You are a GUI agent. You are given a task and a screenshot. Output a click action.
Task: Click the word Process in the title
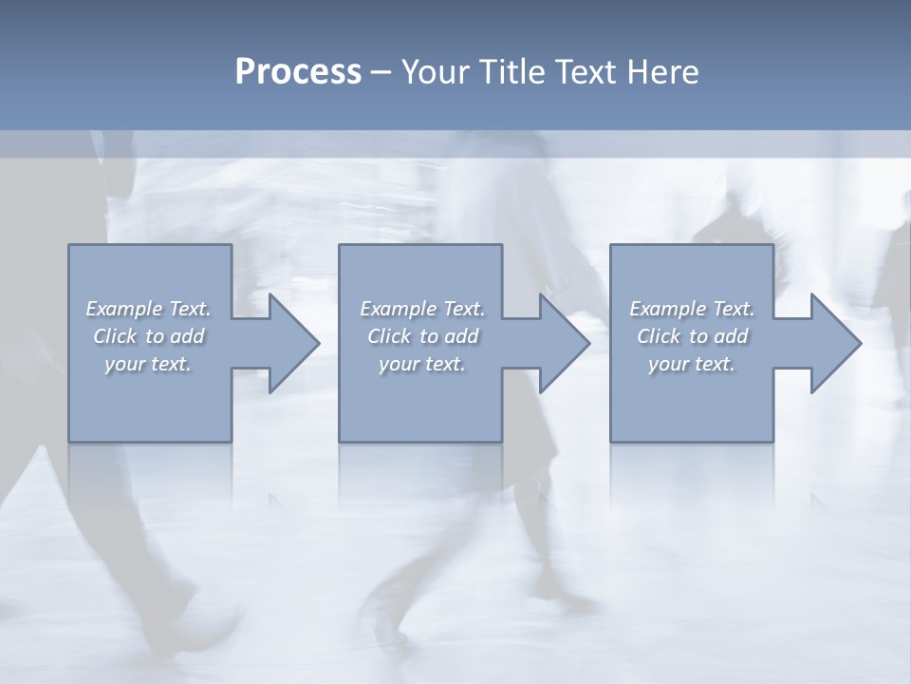tap(298, 72)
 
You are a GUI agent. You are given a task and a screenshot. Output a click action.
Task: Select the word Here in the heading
tap(662, 72)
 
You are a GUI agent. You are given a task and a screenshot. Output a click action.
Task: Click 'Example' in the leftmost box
tap(125, 309)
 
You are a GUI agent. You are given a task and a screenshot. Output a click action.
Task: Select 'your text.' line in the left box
tap(148, 364)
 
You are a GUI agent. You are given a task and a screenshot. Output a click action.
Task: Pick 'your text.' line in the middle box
tap(421, 364)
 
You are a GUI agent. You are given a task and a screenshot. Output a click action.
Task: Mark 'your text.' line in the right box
tap(691, 364)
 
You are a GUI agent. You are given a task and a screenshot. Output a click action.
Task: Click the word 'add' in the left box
tap(188, 336)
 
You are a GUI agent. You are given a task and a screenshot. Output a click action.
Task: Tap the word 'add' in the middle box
tap(461, 336)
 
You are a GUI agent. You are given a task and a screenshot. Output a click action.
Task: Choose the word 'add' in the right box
tap(732, 336)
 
